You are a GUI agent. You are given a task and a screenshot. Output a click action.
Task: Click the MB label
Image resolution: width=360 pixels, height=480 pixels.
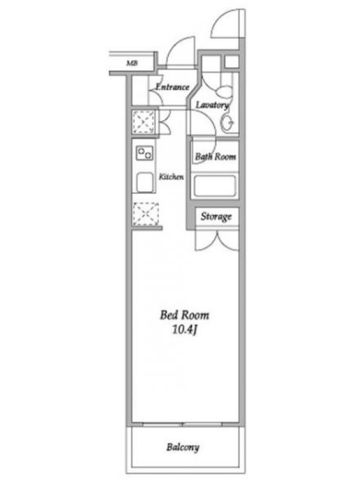pyautogui.click(x=132, y=64)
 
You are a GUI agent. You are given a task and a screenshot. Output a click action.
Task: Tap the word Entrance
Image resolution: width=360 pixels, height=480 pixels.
pyautogui.click(x=172, y=87)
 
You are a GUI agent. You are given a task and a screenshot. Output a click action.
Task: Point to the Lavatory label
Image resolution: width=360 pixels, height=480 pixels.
pyautogui.click(x=212, y=105)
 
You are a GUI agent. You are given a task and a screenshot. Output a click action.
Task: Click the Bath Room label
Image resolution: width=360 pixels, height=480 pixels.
pyautogui.click(x=215, y=157)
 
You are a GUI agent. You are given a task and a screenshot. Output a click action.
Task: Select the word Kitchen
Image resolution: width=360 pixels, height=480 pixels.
pyautogui.click(x=171, y=176)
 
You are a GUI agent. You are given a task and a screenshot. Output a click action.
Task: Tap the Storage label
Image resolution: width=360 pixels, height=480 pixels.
pyautogui.click(x=216, y=217)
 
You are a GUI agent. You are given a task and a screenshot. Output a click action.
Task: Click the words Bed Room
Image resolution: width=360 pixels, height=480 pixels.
pyautogui.click(x=185, y=315)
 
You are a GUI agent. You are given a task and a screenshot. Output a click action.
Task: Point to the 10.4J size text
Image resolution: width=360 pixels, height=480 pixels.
pyautogui.click(x=184, y=329)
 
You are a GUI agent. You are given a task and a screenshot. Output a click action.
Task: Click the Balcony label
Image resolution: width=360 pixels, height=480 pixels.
pyautogui.click(x=183, y=447)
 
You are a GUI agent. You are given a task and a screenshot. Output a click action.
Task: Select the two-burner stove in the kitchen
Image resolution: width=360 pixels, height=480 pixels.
pyautogui.click(x=145, y=152)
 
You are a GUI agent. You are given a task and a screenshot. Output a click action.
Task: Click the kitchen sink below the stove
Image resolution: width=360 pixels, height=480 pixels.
pyautogui.click(x=145, y=182)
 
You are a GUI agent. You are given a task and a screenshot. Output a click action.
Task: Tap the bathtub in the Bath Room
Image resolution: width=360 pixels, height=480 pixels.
pyautogui.click(x=215, y=186)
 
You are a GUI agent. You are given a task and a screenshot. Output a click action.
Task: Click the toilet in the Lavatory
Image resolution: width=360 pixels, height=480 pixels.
pyautogui.click(x=226, y=91)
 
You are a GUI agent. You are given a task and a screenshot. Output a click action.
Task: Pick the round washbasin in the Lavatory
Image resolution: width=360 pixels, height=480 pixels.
pyautogui.click(x=227, y=123)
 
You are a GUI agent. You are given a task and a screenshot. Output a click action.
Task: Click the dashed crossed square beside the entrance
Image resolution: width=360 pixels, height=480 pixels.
pyautogui.click(x=143, y=122)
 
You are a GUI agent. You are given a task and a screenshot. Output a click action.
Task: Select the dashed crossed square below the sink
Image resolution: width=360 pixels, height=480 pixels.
pyautogui.click(x=146, y=214)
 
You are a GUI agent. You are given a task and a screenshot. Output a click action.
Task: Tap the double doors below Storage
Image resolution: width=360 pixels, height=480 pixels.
pyautogui.click(x=217, y=241)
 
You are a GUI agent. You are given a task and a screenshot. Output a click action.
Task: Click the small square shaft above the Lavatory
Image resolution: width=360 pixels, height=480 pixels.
pyautogui.click(x=232, y=62)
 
